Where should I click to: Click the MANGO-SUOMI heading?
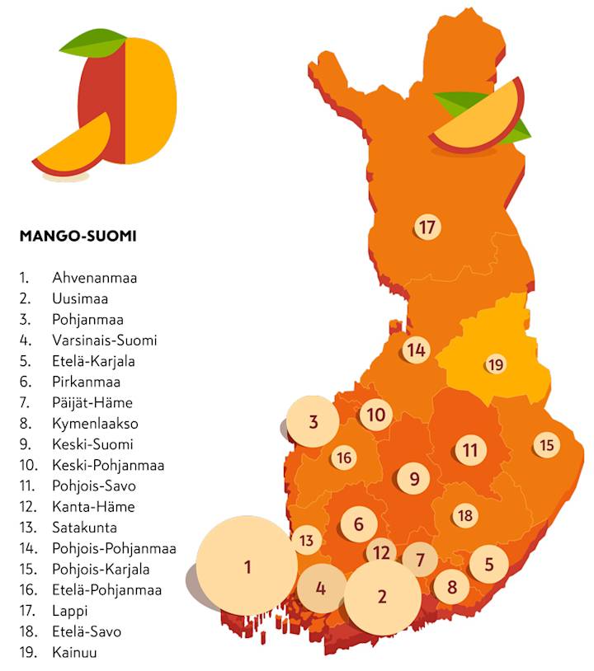pyautogui.click(x=78, y=236)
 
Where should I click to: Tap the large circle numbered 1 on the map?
pyautogui.click(x=247, y=566)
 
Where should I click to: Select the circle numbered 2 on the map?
pyautogui.click(x=381, y=596)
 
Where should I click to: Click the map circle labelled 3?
pyautogui.click(x=313, y=422)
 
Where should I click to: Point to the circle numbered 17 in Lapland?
pyautogui.click(x=426, y=228)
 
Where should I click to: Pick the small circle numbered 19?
pyautogui.click(x=494, y=364)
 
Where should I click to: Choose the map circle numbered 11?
pyautogui.click(x=469, y=449)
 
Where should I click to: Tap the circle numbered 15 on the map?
pyautogui.click(x=546, y=445)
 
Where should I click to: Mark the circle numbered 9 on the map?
pyautogui.click(x=414, y=477)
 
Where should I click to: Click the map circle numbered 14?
pyautogui.click(x=416, y=350)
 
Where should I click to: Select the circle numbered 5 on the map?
pyautogui.click(x=489, y=564)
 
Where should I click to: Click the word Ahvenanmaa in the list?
pyautogui.click(x=94, y=278)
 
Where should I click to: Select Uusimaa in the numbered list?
pyautogui.click(x=80, y=298)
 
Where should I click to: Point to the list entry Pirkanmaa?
pyautogui.click(x=86, y=382)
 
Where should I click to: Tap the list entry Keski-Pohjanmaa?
pyautogui.click(x=108, y=465)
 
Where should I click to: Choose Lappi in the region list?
pyautogui.click(x=69, y=611)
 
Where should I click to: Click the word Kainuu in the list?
pyautogui.click(x=75, y=652)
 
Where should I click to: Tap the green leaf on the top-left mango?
pyautogui.click(x=91, y=43)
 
